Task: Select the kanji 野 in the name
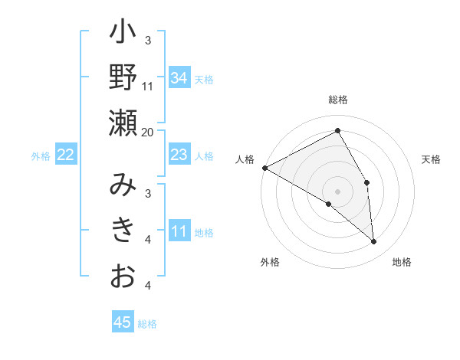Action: pos(123,79)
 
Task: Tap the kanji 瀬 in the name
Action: pos(123,123)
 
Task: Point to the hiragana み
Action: pos(123,186)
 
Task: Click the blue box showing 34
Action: pos(179,77)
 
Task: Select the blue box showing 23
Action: pos(179,155)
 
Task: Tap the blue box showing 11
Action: pos(179,231)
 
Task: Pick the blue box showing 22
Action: pos(66,155)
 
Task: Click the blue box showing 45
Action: pos(123,322)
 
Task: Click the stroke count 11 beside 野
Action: pos(148,86)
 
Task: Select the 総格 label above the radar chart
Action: pos(338,100)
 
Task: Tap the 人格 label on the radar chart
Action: pos(245,159)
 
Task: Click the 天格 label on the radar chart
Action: pos(432,159)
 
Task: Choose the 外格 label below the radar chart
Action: pos(269,262)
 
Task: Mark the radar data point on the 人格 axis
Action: pos(264,167)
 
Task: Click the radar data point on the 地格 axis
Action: pos(374,241)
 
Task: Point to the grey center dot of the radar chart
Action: pos(338,191)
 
